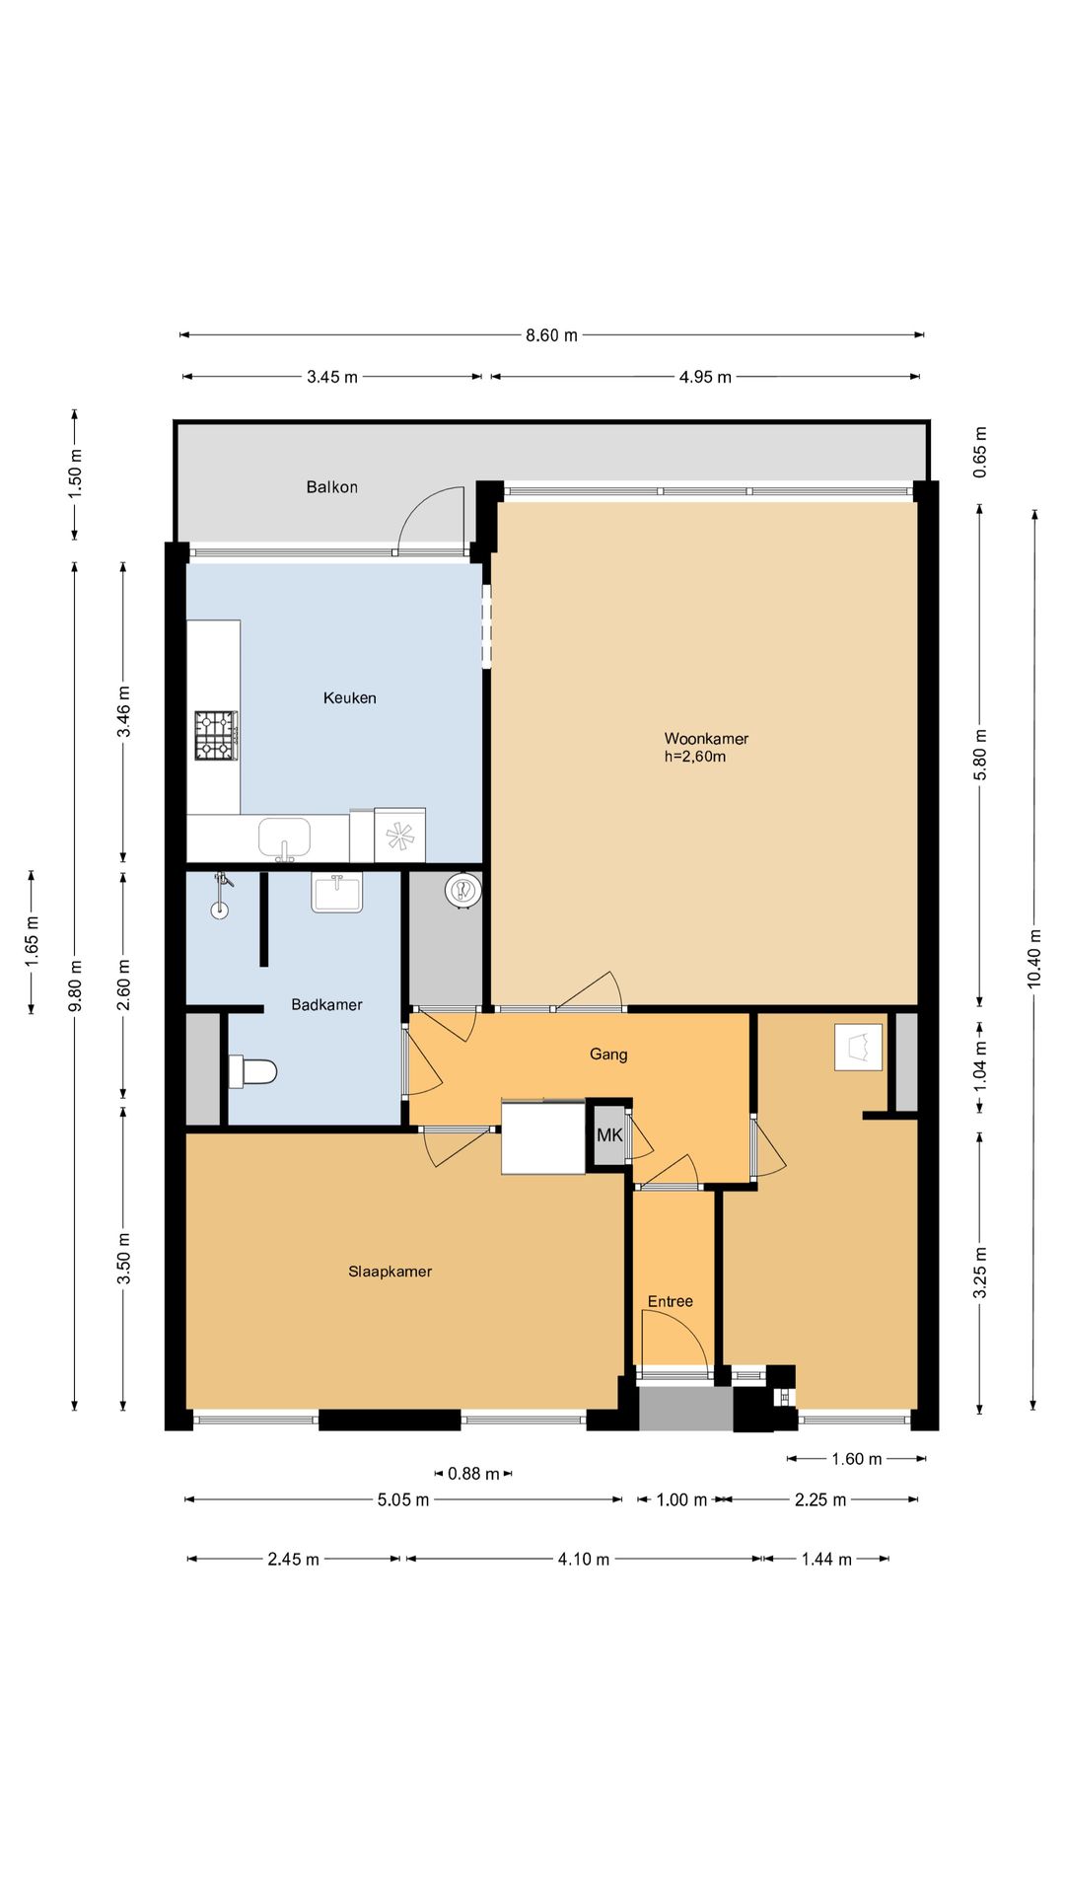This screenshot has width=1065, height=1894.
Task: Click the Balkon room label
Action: coord(331,486)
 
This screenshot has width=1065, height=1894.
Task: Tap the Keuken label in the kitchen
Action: coord(350,697)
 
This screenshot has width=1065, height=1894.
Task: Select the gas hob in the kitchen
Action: coord(216,735)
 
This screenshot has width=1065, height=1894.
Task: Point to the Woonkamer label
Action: coord(706,738)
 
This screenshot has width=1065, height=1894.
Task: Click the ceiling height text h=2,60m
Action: coord(695,757)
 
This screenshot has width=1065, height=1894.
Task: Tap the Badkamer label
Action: coord(326,1004)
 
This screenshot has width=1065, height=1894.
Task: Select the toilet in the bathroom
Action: coord(252,1071)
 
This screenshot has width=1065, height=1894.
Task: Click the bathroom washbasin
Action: coord(337,892)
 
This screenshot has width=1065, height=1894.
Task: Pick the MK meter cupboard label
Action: coord(609,1135)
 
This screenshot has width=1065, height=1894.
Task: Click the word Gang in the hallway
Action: coord(608,1054)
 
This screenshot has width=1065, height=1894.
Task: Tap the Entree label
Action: coord(671,1301)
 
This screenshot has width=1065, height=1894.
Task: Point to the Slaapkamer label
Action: coord(390,1272)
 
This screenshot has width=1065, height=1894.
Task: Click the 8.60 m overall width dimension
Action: coord(551,335)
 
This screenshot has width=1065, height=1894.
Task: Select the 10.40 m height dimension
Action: coord(1034,959)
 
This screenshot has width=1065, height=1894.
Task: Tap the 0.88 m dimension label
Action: coord(473,1474)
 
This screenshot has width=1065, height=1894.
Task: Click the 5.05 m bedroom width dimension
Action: coord(403,1499)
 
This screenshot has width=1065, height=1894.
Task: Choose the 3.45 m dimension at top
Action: coord(332,377)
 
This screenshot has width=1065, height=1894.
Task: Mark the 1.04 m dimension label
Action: coord(980,1065)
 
